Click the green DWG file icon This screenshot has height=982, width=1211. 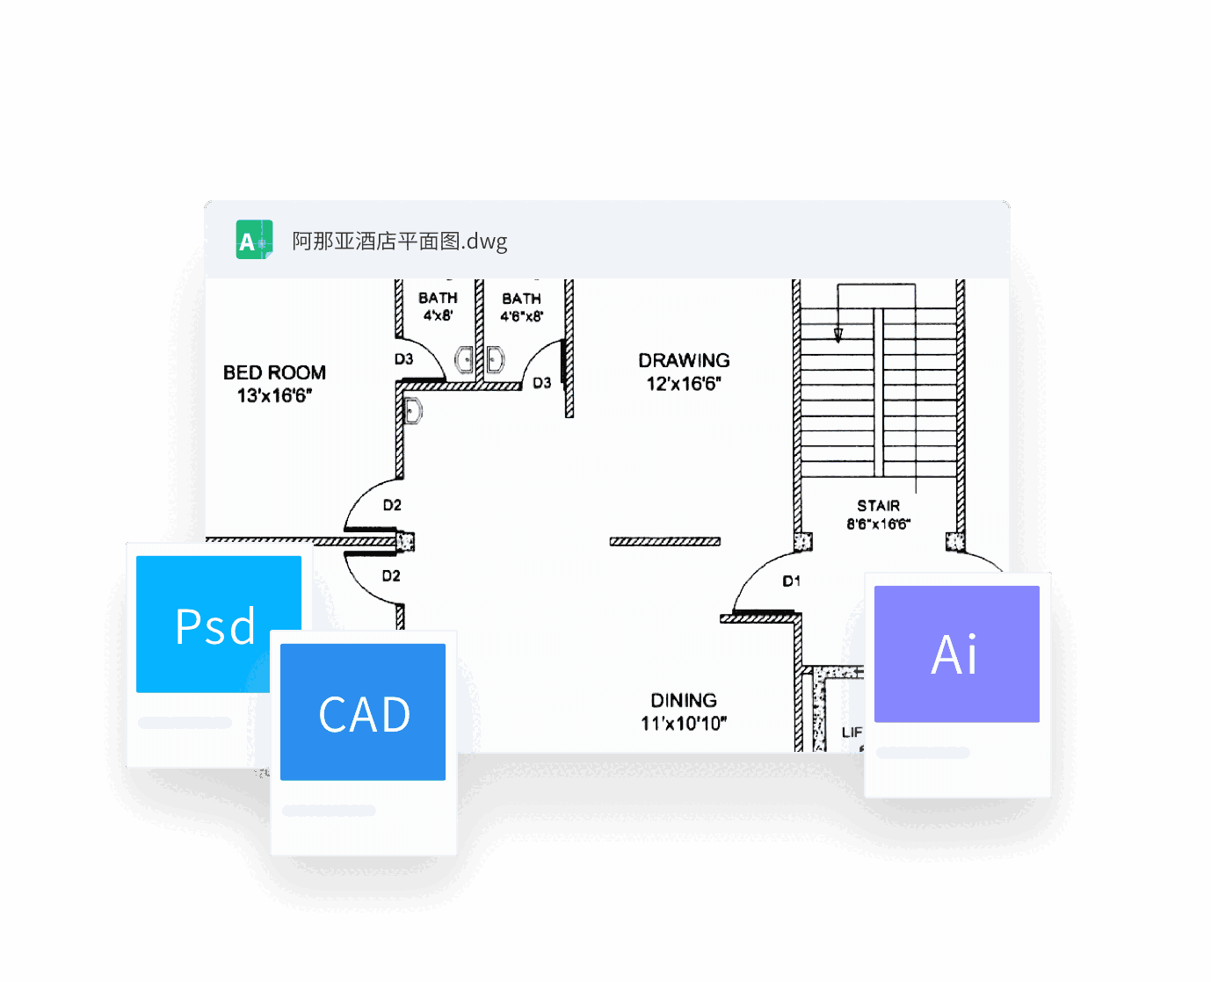click(254, 240)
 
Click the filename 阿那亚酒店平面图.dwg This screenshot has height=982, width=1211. click(399, 242)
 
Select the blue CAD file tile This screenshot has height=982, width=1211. click(363, 712)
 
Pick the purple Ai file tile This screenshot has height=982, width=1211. click(956, 654)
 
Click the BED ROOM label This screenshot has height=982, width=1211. click(274, 372)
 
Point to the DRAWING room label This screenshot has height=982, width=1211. click(684, 360)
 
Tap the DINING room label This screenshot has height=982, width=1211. click(684, 700)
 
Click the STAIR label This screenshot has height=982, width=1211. click(878, 506)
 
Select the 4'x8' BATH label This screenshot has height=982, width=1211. click(438, 299)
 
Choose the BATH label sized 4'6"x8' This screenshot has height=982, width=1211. click(521, 300)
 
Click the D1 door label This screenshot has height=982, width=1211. click(791, 581)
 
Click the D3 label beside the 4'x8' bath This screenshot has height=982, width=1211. click(403, 359)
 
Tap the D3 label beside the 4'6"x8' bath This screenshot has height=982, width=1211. click(541, 383)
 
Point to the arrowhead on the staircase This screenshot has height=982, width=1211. click(838, 335)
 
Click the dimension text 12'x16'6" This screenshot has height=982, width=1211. click(684, 384)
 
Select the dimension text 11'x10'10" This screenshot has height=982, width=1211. click(684, 724)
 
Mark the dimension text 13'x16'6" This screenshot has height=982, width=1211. click(274, 396)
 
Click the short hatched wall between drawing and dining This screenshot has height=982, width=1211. click(665, 542)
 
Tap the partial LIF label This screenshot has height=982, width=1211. click(852, 733)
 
